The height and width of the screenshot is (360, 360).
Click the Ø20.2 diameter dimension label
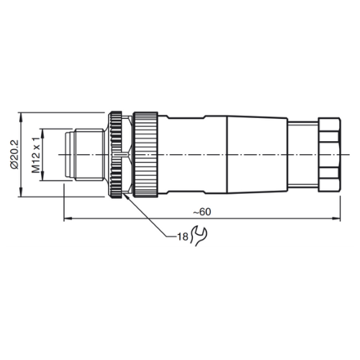14,155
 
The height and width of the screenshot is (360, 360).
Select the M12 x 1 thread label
36,155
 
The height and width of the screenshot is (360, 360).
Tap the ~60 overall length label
202,212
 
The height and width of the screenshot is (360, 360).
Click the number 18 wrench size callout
183,237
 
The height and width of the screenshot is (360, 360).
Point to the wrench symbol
199,235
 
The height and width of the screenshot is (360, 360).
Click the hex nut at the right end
329,155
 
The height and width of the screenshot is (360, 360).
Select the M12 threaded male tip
85,155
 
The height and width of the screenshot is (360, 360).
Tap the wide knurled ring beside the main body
145,155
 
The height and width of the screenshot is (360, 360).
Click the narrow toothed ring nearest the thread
116,155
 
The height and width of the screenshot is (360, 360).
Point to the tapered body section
257,155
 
